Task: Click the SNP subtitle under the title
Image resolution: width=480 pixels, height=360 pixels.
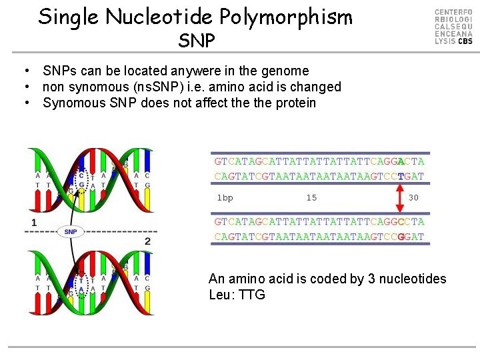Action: [197, 41]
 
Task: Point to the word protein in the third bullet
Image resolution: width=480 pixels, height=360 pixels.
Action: [294, 103]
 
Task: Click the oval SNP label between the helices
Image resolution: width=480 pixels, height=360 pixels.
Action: [71, 231]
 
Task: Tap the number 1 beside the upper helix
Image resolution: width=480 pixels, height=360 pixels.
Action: [33, 221]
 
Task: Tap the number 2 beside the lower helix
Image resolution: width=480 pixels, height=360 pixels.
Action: [147, 240]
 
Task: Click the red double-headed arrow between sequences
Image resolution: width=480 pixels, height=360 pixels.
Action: [401, 197]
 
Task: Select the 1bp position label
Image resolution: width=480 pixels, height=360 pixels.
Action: [225, 197]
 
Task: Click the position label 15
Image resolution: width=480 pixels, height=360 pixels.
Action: [311, 197]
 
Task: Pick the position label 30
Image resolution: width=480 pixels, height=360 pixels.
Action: [413, 197]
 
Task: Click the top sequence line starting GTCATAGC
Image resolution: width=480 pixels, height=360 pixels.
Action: [319, 161]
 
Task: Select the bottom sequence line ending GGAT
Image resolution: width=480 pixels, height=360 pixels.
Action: [319, 237]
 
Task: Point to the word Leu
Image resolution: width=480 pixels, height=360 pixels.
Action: [221, 295]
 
